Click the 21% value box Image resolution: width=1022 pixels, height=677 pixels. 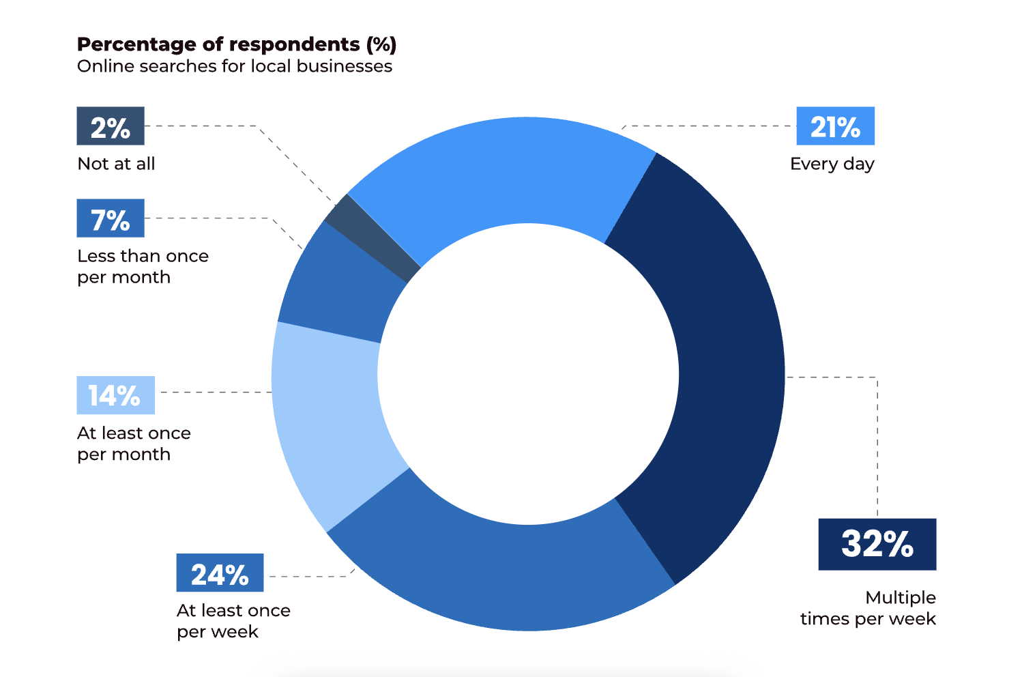point(835,126)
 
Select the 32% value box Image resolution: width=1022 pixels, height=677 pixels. point(877,544)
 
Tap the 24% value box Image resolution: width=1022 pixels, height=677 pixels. point(220,573)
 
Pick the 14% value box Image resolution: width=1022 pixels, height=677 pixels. point(115,395)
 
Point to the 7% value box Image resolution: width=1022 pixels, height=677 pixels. point(111,218)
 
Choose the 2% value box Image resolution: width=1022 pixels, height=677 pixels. point(111,126)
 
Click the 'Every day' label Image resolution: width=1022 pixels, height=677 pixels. point(832,164)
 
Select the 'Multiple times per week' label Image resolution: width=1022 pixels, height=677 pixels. point(868,608)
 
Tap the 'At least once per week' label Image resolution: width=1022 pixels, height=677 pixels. point(233,620)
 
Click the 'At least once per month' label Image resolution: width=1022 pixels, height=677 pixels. point(134,444)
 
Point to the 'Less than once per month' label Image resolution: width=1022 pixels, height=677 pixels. point(143,266)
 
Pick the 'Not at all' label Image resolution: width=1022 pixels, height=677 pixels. point(116,164)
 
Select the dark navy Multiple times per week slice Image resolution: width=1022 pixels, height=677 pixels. point(723,369)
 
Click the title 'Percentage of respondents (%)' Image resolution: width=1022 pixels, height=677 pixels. point(237,44)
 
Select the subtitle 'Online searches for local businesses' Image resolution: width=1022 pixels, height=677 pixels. point(235,66)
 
